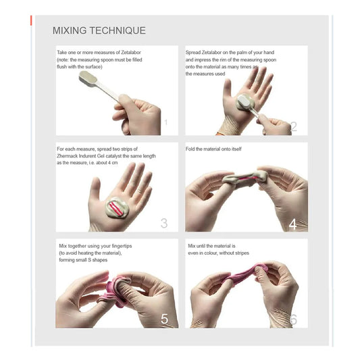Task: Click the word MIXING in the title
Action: [70, 30]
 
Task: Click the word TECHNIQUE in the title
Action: [118, 30]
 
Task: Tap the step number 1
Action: [165, 122]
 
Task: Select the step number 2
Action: [294, 126]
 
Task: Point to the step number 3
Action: [164, 223]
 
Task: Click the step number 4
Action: [292, 224]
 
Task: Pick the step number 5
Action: [164, 319]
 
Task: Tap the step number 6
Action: [293, 319]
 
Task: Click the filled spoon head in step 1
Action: [88, 78]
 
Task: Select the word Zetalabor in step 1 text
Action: [131, 53]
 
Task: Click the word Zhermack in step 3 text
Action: [68, 156]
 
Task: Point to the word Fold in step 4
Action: [190, 149]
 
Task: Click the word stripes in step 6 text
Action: [242, 253]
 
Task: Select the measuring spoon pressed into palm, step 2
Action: [247, 105]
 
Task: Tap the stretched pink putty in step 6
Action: [247, 274]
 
